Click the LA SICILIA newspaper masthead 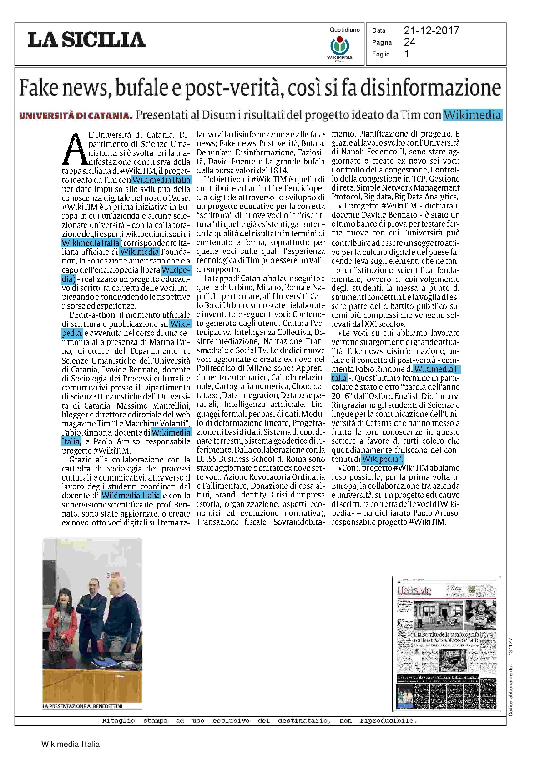pos(86,40)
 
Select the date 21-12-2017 pos(431,30)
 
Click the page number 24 pos(409,42)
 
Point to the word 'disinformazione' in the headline pos(430,88)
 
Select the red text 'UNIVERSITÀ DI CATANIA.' pos(76,116)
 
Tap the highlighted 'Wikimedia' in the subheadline pos(472,115)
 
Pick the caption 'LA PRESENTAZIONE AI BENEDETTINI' pos(82,706)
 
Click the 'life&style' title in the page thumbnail pos(414,591)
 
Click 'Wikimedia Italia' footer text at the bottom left pos(71,744)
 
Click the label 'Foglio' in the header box pos(381,54)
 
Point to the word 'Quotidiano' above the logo pos(344,30)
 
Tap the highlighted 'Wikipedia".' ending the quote pos(383,459)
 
